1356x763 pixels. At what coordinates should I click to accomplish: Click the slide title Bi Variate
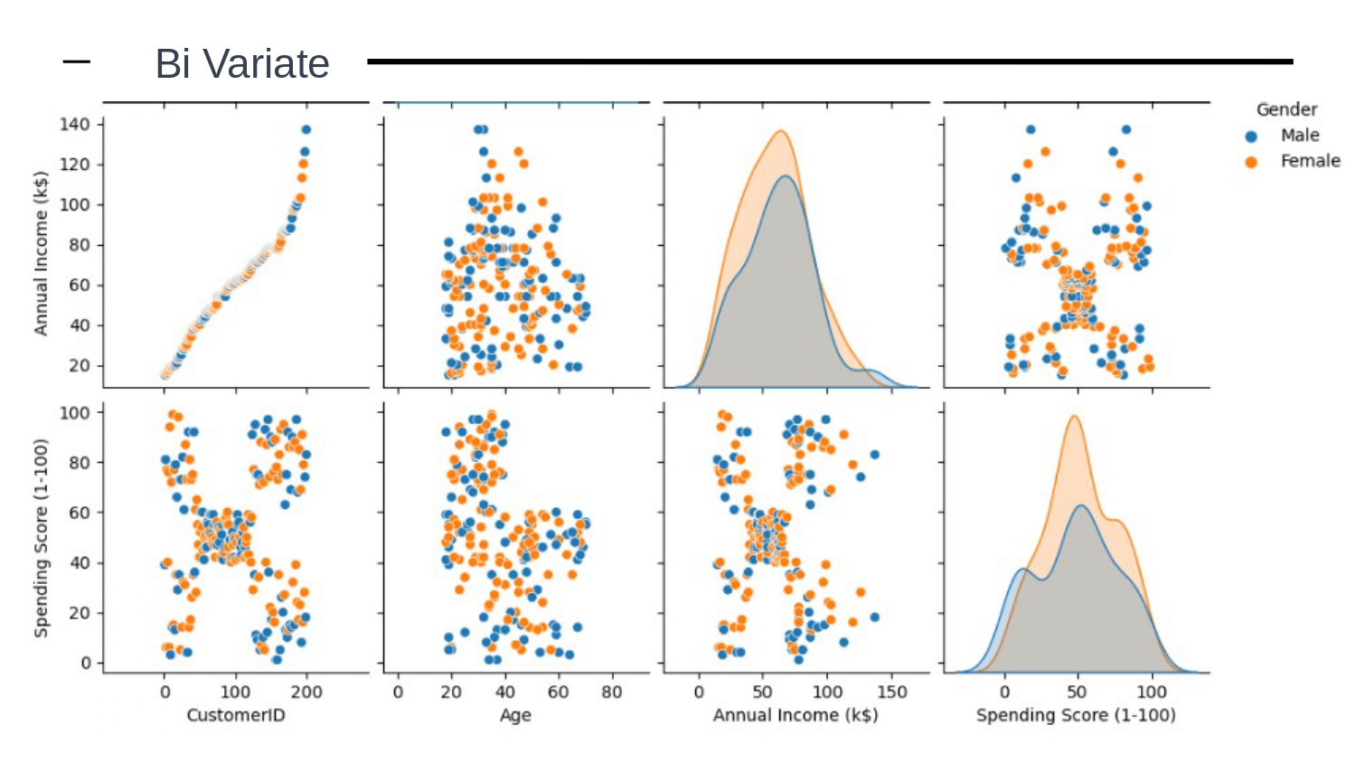[242, 64]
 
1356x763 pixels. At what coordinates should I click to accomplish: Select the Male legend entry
[1299, 136]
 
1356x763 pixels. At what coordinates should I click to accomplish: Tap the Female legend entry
[1309, 161]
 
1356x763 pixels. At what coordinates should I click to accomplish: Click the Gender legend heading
[1286, 109]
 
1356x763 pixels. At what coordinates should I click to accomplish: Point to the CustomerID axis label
[236, 715]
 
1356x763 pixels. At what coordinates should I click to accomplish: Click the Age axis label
[515, 715]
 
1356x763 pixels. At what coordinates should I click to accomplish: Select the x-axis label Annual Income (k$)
[796, 715]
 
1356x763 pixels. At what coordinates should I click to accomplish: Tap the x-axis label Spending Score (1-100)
[1076, 715]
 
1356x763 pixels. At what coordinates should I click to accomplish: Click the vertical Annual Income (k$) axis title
[41, 253]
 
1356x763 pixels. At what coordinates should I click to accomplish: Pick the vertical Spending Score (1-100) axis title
[41, 538]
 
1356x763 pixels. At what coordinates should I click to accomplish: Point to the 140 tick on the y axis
[75, 125]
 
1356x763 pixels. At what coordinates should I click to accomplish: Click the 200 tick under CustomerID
[306, 692]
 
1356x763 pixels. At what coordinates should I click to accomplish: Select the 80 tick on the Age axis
[612, 692]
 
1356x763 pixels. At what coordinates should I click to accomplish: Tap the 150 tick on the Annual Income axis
[891, 692]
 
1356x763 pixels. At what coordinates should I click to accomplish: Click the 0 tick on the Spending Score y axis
[86, 663]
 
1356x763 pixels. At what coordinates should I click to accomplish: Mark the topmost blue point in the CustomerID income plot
[306, 130]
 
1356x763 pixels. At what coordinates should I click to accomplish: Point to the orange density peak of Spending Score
[1074, 417]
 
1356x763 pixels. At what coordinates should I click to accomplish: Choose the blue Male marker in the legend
[1251, 137]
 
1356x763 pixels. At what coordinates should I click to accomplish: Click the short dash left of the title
[77, 61]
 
